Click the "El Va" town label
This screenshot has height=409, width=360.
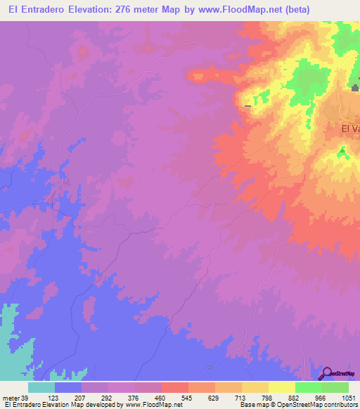coord(349,129)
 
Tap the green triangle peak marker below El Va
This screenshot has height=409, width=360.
coord(342,150)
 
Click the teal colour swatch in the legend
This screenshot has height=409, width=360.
coord(41,387)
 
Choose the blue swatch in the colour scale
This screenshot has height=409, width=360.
coord(68,387)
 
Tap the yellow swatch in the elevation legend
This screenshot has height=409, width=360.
coord(282,387)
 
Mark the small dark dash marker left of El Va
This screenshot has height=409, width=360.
coord(247,106)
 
